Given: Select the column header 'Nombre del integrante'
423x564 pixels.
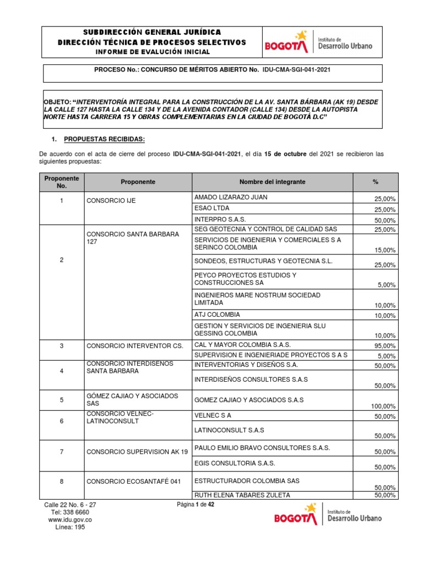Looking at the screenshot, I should click(272, 182).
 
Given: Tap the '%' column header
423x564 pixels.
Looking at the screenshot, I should click(375, 182).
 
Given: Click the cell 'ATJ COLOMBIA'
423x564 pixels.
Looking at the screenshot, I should click(218, 314).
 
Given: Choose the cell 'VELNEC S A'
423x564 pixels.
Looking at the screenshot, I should click(213, 417).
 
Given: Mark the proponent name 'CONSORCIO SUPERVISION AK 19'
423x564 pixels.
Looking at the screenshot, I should click(137, 452).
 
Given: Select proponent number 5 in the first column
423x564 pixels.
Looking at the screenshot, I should click(62, 400).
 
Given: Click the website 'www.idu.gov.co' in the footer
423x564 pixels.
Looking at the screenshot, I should click(70, 519).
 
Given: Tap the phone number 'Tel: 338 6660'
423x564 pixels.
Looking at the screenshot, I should click(70, 512).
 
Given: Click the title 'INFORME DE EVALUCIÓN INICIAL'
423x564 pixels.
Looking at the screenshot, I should click(153, 52).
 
